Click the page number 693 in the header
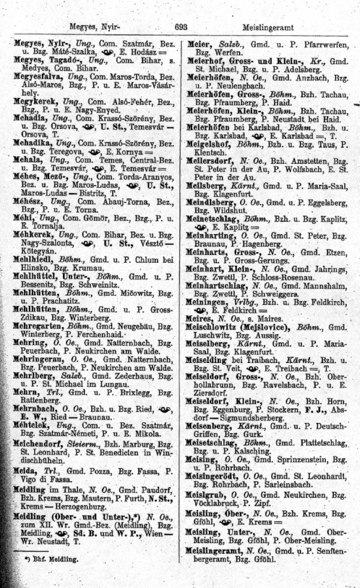[181, 27]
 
